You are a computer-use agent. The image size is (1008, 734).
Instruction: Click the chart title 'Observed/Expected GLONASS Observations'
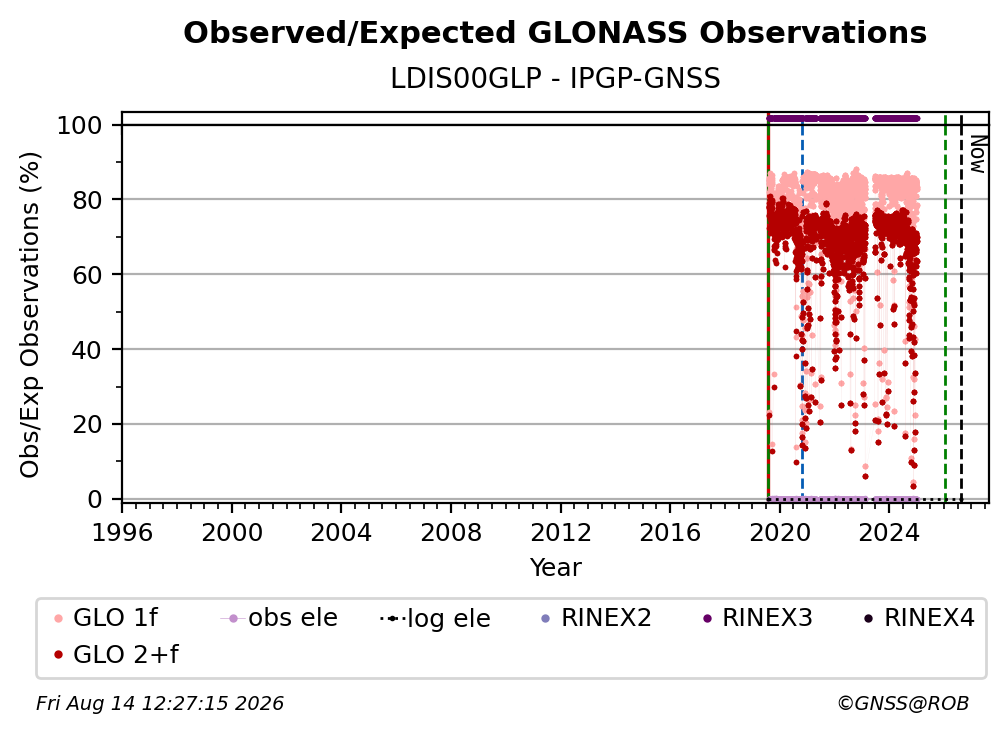point(555,33)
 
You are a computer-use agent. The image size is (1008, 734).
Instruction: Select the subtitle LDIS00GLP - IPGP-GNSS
point(555,78)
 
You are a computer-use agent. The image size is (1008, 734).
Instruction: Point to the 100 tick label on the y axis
point(80,125)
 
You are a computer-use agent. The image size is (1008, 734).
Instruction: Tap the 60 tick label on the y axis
point(87,274)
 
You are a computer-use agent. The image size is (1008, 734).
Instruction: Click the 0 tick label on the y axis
point(95,499)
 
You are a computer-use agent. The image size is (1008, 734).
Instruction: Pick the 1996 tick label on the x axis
point(122,532)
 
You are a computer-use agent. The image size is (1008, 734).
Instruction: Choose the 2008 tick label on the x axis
point(451,532)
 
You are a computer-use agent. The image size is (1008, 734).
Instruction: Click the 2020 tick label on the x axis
point(779,532)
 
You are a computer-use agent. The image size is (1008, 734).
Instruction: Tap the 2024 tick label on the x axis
point(888,532)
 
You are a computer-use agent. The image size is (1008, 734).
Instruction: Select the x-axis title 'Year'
point(555,568)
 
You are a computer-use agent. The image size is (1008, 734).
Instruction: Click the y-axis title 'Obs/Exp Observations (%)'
point(30,315)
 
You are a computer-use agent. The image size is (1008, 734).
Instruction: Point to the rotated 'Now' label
point(977,154)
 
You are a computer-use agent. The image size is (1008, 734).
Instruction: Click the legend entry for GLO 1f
point(106,618)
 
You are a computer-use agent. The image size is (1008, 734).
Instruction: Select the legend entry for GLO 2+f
point(116,654)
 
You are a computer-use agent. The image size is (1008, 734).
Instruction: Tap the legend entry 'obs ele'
point(279,618)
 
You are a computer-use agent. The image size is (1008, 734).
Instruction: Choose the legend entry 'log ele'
point(435,618)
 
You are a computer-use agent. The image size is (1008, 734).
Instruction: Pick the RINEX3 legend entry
point(758,618)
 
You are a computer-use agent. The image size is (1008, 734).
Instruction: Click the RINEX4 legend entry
point(920,618)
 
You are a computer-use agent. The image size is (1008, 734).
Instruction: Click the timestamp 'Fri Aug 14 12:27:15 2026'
point(159,703)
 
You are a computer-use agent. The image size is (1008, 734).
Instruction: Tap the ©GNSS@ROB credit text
point(903,703)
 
